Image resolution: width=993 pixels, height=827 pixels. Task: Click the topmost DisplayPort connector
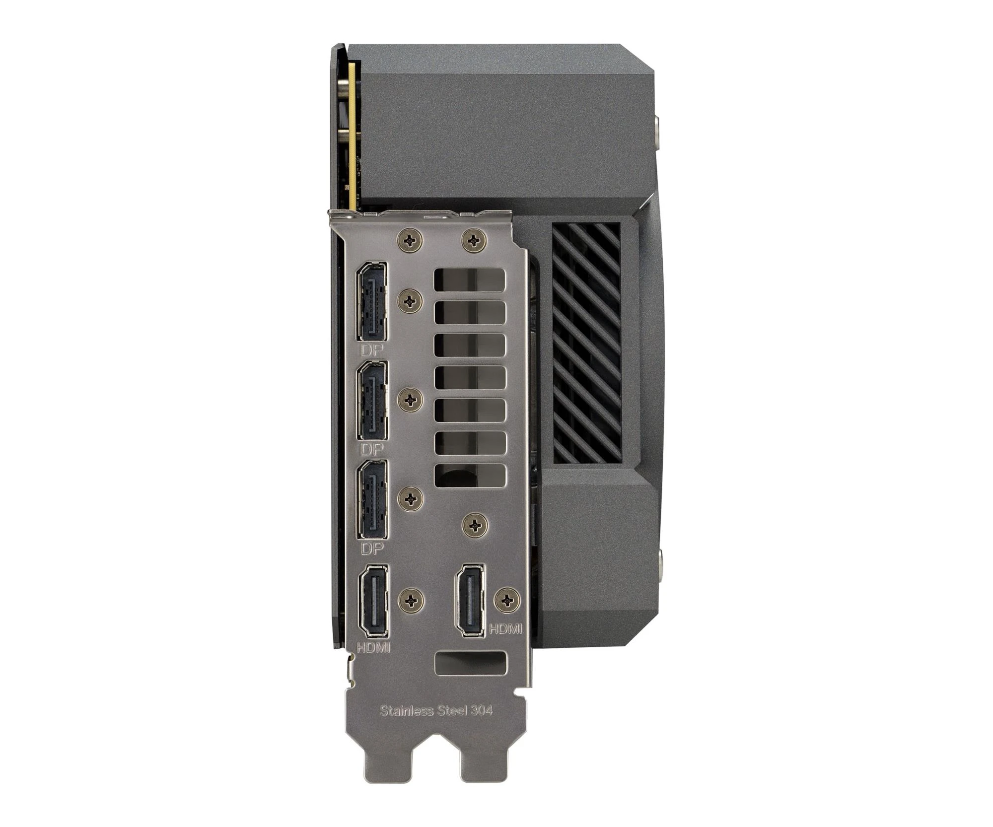[x=372, y=302]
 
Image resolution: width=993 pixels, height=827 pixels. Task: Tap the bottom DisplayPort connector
[x=372, y=500]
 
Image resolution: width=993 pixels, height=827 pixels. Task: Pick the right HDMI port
[x=470, y=599]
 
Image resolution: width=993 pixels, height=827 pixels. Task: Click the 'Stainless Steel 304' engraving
[x=436, y=710]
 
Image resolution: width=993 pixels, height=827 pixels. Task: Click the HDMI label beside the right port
[x=506, y=629]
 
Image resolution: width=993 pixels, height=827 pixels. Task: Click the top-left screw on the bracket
[x=411, y=241]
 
